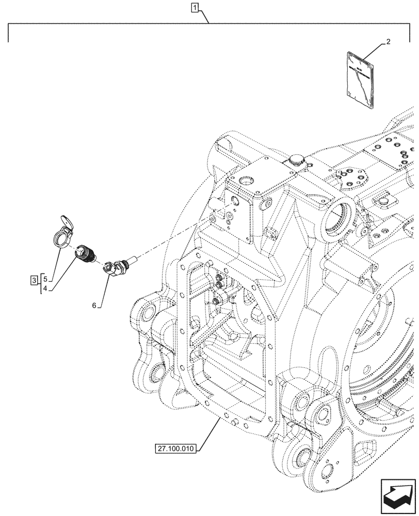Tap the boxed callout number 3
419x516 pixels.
pyautogui.click(x=34, y=281)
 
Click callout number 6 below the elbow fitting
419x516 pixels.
pyautogui.click(x=94, y=305)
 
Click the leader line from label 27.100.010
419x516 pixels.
pyautogui.click(x=208, y=434)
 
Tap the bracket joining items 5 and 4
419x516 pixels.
pyautogui.click(x=41, y=284)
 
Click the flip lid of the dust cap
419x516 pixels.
pyautogui.click(x=66, y=222)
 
